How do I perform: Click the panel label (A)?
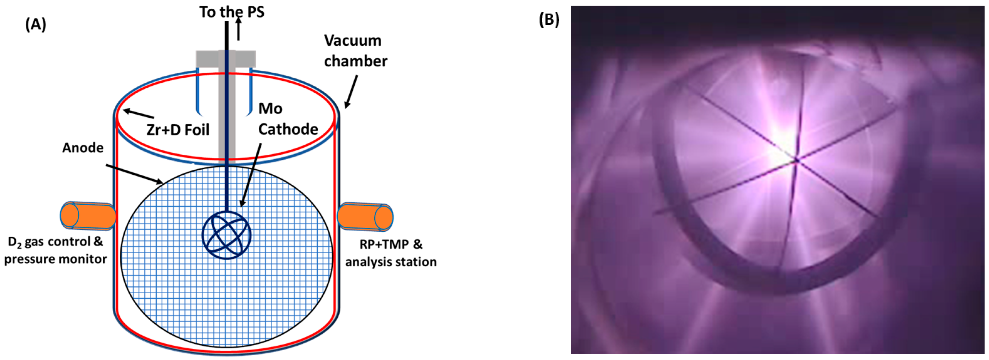click(36, 24)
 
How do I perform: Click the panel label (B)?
click(549, 19)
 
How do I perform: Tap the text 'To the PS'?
click(232, 12)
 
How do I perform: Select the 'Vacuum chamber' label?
click(355, 51)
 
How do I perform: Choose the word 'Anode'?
click(83, 148)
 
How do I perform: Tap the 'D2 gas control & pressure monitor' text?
click(56, 250)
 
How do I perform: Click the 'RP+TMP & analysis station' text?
click(391, 253)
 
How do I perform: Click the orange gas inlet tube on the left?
click(87, 216)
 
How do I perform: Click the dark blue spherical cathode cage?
click(226, 236)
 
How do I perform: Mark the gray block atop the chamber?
click(226, 59)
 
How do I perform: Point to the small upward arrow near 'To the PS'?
click(239, 29)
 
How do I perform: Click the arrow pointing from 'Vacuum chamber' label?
click(351, 91)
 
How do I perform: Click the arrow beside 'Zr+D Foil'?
click(138, 114)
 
